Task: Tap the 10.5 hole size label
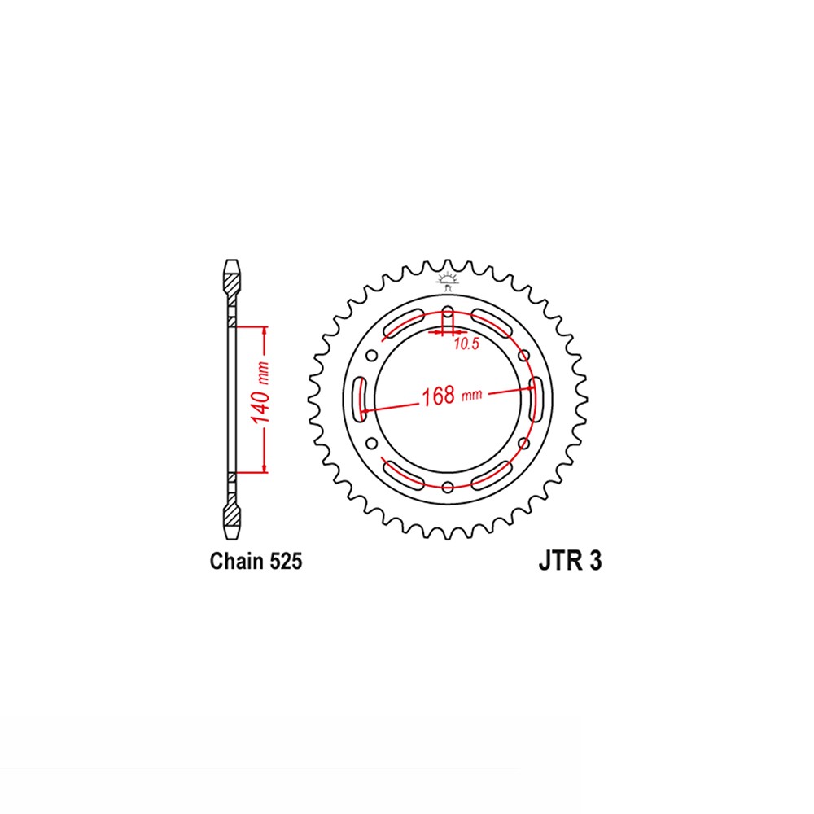point(465,344)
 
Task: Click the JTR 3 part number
point(569,562)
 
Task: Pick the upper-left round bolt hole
point(371,354)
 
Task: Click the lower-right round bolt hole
point(523,443)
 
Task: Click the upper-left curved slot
point(402,322)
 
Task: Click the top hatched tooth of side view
point(233,285)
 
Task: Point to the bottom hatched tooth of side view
point(233,512)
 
